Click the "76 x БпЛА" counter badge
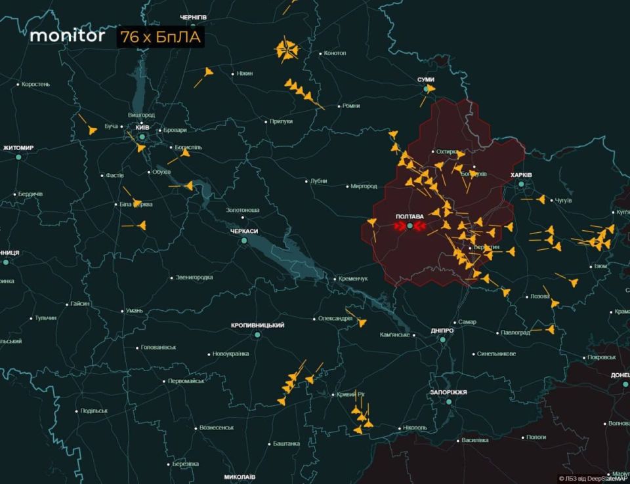[161, 37]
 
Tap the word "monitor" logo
[67, 36]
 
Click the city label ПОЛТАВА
[409, 216]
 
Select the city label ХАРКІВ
[521, 175]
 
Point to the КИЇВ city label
[142, 127]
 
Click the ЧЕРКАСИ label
[243, 232]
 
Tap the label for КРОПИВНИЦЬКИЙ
[257, 325]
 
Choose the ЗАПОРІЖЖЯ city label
[448, 392]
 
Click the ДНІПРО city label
[442, 331]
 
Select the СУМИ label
[426, 79]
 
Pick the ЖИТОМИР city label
[18, 148]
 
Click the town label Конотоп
[335, 53]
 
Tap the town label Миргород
[364, 186]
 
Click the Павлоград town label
[514, 333]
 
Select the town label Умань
[134, 310]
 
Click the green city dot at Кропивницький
[257, 335]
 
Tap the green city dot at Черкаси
[243, 241]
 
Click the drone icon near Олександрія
[361, 322]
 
